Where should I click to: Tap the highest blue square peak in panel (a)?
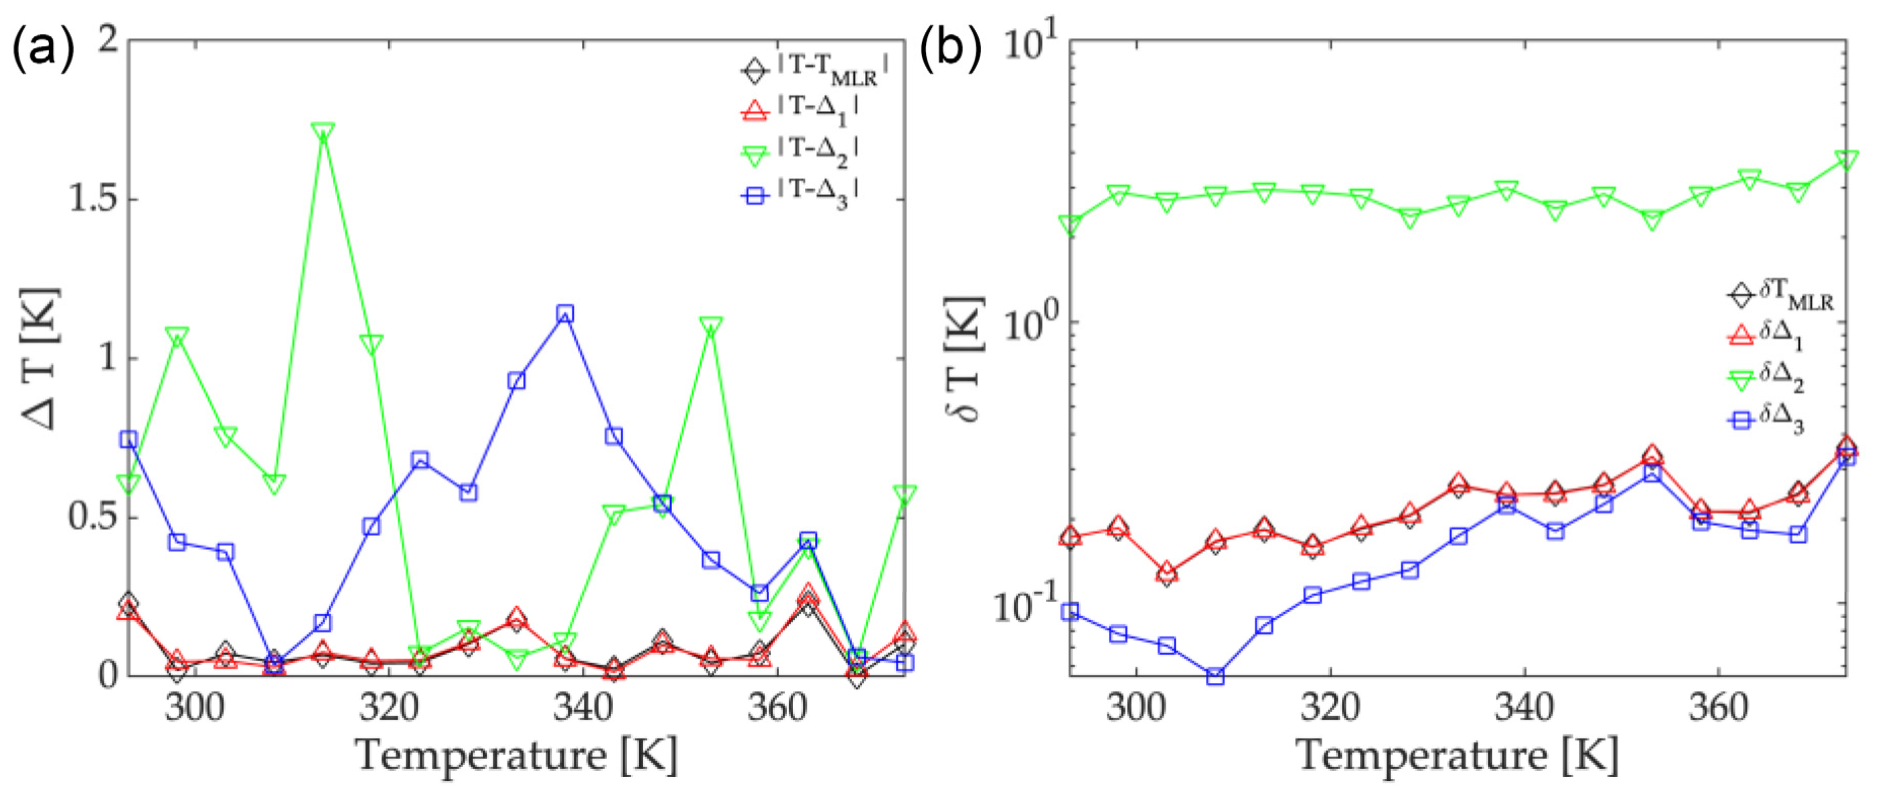[x=565, y=314]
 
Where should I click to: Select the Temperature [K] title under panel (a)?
[x=516, y=755]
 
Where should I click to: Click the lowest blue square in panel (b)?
[x=1214, y=676]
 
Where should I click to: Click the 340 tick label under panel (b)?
[x=1524, y=708]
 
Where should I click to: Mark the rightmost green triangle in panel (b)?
[x=1845, y=160]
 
